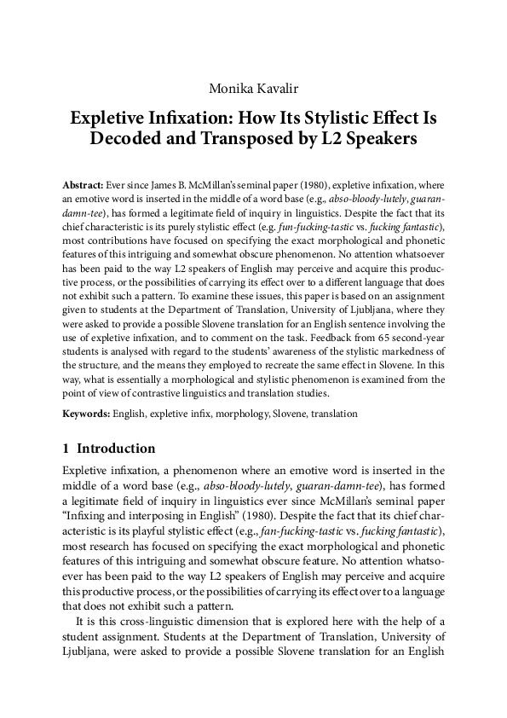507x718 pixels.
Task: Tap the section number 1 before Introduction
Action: tap(66, 449)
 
